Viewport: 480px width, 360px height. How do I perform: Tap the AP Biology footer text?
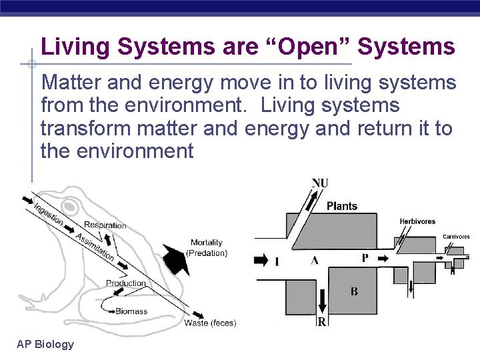tap(45, 344)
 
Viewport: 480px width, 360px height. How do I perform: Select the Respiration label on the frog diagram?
tap(105, 225)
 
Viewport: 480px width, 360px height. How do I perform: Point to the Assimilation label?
tap(95, 247)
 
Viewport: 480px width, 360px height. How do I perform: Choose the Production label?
tap(125, 283)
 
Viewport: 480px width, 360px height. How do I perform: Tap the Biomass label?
tap(131, 311)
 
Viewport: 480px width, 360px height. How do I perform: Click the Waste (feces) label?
tap(210, 323)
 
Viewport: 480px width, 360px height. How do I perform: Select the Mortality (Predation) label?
tap(207, 247)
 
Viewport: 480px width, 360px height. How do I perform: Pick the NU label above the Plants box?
tap(320, 183)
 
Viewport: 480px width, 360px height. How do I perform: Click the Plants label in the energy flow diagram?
tap(342, 206)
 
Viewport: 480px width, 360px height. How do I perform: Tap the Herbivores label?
tap(417, 221)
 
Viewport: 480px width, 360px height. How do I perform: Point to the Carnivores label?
tap(456, 237)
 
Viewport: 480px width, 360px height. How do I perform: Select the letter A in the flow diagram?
tap(314, 261)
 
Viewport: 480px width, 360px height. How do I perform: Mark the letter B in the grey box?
tap(354, 291)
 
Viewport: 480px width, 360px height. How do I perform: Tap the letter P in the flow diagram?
tap(365, 258)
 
